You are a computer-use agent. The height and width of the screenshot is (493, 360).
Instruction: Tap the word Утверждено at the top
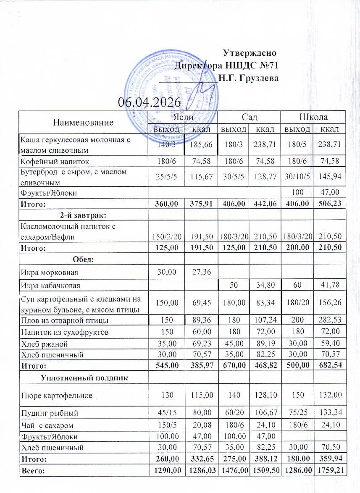[x=250, y=53]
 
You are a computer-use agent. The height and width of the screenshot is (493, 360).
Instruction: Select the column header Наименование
[x=83, y=123]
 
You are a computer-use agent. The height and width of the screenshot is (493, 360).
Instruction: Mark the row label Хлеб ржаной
[x=41, y=344]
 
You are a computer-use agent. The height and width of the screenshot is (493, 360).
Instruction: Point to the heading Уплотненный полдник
[x=84, y=378]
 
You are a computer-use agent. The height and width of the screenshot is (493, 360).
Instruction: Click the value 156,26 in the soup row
[x=327, y=302]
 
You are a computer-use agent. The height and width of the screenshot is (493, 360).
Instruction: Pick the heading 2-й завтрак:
[x=83, y=215]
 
